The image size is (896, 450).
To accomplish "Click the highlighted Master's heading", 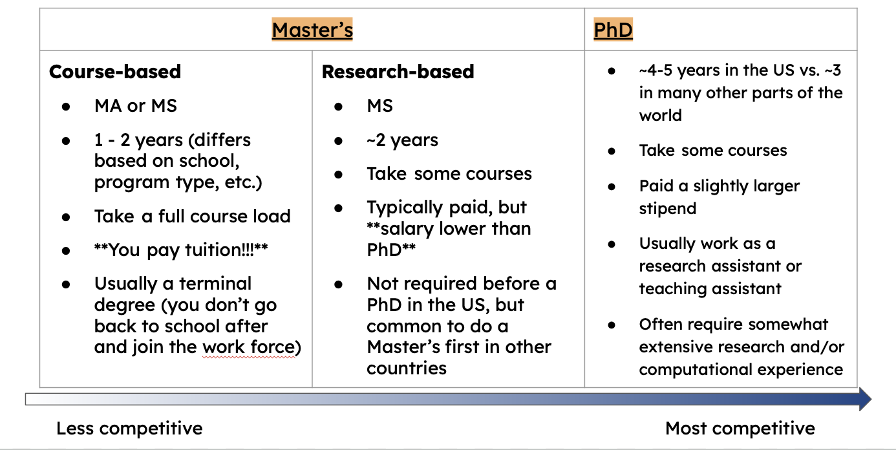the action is [312, 30].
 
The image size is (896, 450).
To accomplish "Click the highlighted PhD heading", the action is [613, 30].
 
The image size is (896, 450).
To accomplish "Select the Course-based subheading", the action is [115, 72].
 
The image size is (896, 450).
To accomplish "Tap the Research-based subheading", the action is [398, 72].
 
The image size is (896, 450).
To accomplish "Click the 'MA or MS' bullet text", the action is [136, 106].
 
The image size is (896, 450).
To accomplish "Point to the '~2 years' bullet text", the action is [402, 140].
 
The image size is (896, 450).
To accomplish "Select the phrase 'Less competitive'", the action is [129, 429].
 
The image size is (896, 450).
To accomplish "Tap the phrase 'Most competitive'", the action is [740, 429].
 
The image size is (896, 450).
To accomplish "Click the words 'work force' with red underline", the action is [249, 347].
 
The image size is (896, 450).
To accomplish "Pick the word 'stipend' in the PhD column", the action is [668, 209].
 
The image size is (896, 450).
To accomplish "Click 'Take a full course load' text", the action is [193, 217].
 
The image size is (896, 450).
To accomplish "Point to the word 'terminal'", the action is [215, 284].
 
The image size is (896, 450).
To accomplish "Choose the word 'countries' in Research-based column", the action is [407, 369].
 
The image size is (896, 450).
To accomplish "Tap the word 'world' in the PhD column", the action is [661, 116].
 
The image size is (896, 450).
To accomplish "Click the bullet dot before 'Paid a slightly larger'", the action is [611, 186].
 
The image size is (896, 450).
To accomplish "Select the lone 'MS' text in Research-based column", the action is [380, 106].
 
